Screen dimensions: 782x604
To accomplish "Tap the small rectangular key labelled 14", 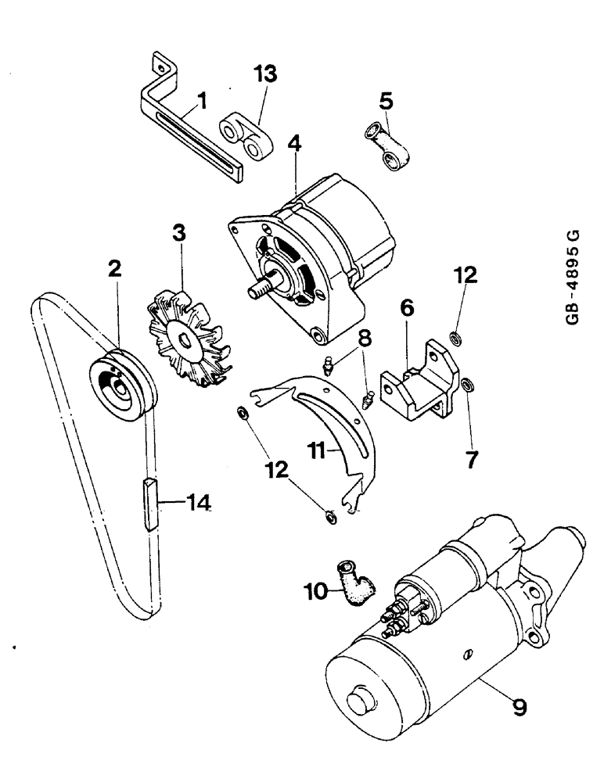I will tap(150, 506).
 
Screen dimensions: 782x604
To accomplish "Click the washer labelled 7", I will tap(467, 385).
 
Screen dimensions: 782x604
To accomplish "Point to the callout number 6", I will tap(405, 310).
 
